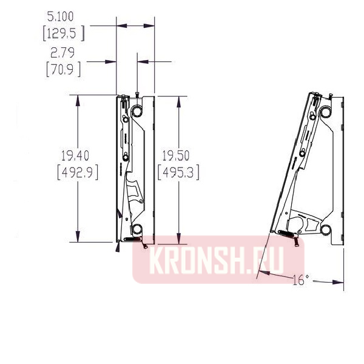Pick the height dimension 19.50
[x=178, y=155]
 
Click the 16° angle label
[x=300, y=280]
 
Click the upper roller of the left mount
[x=136, y=112]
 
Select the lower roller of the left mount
[x=136, y=229]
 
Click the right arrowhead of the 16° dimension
[x=339, y=281]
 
